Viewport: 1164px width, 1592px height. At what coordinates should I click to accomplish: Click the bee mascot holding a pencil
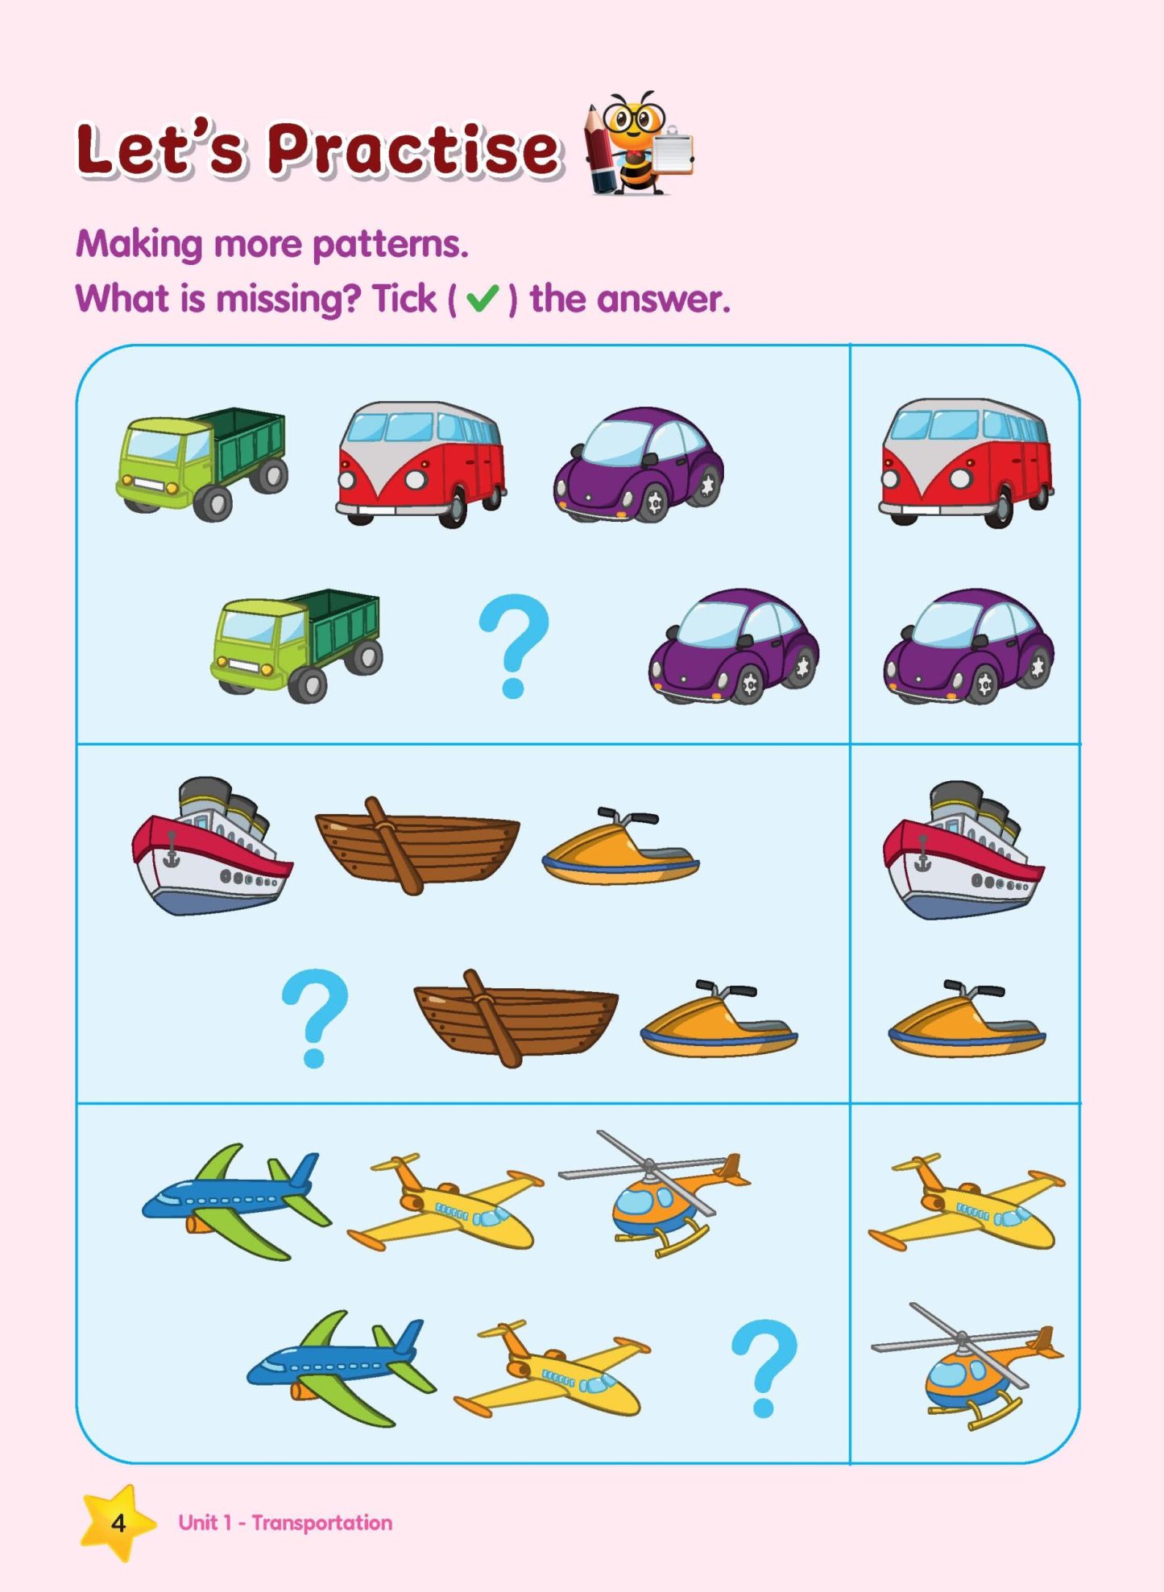(x=636, y=145)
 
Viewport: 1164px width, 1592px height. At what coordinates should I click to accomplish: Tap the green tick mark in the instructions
(x=483, y=299)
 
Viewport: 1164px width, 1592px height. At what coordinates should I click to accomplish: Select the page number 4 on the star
(x=118, y=1523)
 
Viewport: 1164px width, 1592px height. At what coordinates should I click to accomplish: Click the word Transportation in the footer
(x=321, y=1523)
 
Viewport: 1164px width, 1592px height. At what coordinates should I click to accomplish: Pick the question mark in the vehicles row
(x=513, y=644)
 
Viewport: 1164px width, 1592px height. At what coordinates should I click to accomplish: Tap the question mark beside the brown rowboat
(x=315, y=1016)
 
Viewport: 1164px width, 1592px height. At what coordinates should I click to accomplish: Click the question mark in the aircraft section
(x=764, y=1366)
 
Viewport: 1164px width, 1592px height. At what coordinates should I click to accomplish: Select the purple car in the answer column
(x=968, y=646)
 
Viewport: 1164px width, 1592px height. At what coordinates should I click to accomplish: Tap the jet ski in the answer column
(x=967, y=1021)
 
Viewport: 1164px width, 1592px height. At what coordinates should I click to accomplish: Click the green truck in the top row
(x=202, y=463)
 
